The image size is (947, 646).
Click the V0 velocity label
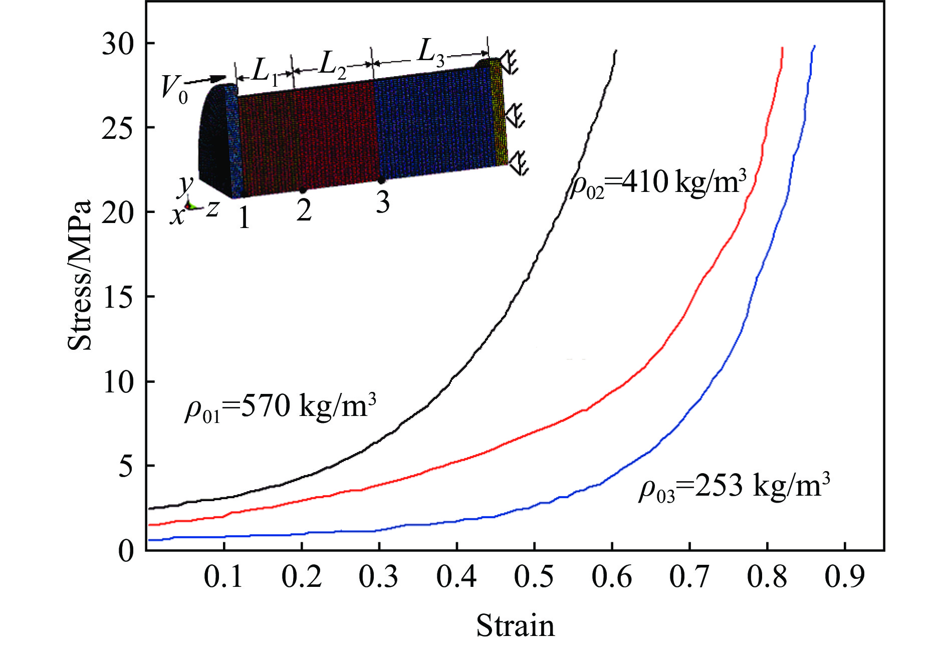click(175, 90)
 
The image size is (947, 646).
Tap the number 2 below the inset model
click(303, 210)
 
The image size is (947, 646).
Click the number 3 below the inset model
click(382, 203)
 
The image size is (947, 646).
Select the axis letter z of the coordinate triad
click(212, 209)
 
